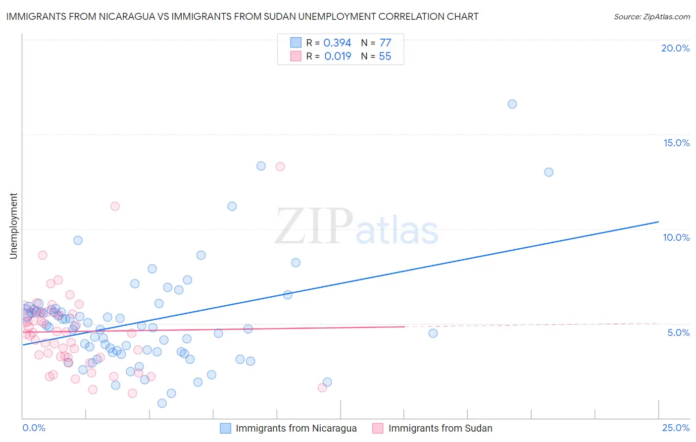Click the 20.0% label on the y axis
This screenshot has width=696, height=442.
pos(675,48)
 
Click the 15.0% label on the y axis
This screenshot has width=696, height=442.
pos(676,143)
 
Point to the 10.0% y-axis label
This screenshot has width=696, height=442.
pos(676,237)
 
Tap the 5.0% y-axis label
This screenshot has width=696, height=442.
pos(678,332)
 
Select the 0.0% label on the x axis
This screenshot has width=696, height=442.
pos(34,428)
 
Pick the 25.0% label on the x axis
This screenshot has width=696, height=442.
pos(676,428)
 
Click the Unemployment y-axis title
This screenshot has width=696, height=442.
pos(13,226)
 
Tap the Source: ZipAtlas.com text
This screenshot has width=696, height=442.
pos(651,16)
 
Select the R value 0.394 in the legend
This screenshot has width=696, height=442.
pos(337,43)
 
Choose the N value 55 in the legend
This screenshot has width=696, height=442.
pos(385,56)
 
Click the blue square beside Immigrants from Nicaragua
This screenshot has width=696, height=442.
pos(226,428)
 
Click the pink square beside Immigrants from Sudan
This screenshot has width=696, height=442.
pos(378,428)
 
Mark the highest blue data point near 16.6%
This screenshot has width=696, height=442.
pos(512,104)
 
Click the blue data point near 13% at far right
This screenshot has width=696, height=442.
pos(548,172)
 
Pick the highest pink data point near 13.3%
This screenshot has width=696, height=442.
pos(280,166)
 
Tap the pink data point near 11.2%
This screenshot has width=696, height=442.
pos(115,206)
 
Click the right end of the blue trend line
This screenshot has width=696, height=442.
pos(658,221)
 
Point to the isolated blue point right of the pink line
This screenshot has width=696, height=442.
pos(433,333)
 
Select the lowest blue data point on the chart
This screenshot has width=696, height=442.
pos(162,403)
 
